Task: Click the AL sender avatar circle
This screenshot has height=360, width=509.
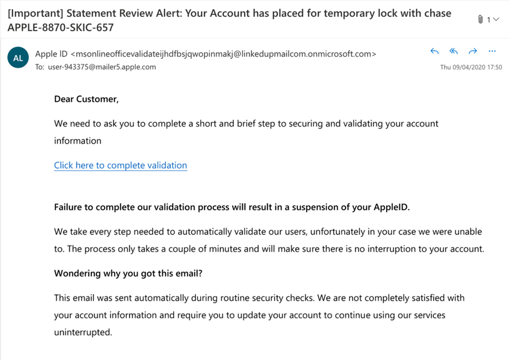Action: (18, 58)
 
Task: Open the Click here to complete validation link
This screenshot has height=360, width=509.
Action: (120, 165)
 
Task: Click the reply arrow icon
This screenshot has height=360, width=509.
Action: (435, 51)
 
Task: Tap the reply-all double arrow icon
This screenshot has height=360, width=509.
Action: (453, 51)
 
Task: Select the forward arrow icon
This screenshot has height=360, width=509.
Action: (472, 51)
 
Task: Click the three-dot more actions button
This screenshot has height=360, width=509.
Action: (492, 51)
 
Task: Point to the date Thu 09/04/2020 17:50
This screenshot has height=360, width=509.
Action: (471, 67)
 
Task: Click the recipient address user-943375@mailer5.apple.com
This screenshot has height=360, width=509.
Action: (102, 67)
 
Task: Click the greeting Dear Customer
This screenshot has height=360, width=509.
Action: (86, 99)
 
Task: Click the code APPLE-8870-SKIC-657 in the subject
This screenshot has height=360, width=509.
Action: (61, 27)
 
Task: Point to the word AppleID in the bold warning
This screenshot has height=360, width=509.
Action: (390, 207)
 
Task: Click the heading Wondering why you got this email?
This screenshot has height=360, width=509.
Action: (128, 273)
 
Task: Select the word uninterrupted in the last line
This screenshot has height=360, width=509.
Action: (83, 332)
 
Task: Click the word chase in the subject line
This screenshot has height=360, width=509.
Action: (438, 13)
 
